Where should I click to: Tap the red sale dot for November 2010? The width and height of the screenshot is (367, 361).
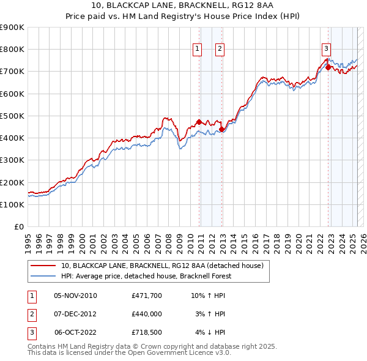(x=199, y=122)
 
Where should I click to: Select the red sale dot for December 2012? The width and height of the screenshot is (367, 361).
(x=221, y=128)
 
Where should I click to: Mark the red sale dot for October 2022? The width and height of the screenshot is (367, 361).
(x=328, y=67)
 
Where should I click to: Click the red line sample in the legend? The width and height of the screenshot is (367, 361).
(x=43, y=266)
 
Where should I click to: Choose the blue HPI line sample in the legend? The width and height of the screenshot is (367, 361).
(x=43, y=276)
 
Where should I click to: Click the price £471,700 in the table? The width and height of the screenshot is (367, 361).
(x=146, y=296)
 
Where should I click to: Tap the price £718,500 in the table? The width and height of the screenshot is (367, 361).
(x=146, y=332)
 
